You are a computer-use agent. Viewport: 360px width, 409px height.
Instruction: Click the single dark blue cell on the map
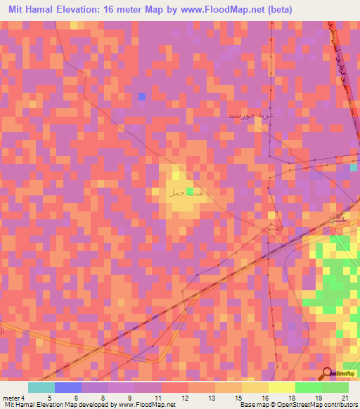coord(142,96)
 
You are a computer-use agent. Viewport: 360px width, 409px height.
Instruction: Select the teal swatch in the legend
coord(41,387)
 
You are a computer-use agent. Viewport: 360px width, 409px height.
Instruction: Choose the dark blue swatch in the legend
coord(67,387)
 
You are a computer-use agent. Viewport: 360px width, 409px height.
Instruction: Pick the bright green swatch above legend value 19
coord(308,387)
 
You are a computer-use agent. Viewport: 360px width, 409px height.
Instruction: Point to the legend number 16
coord(264,398)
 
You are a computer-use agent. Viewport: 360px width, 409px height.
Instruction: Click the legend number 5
coord(49,398)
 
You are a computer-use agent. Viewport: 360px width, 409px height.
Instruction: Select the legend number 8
coord(103,398)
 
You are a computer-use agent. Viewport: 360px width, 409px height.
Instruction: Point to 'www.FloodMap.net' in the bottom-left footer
coord(146,405)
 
